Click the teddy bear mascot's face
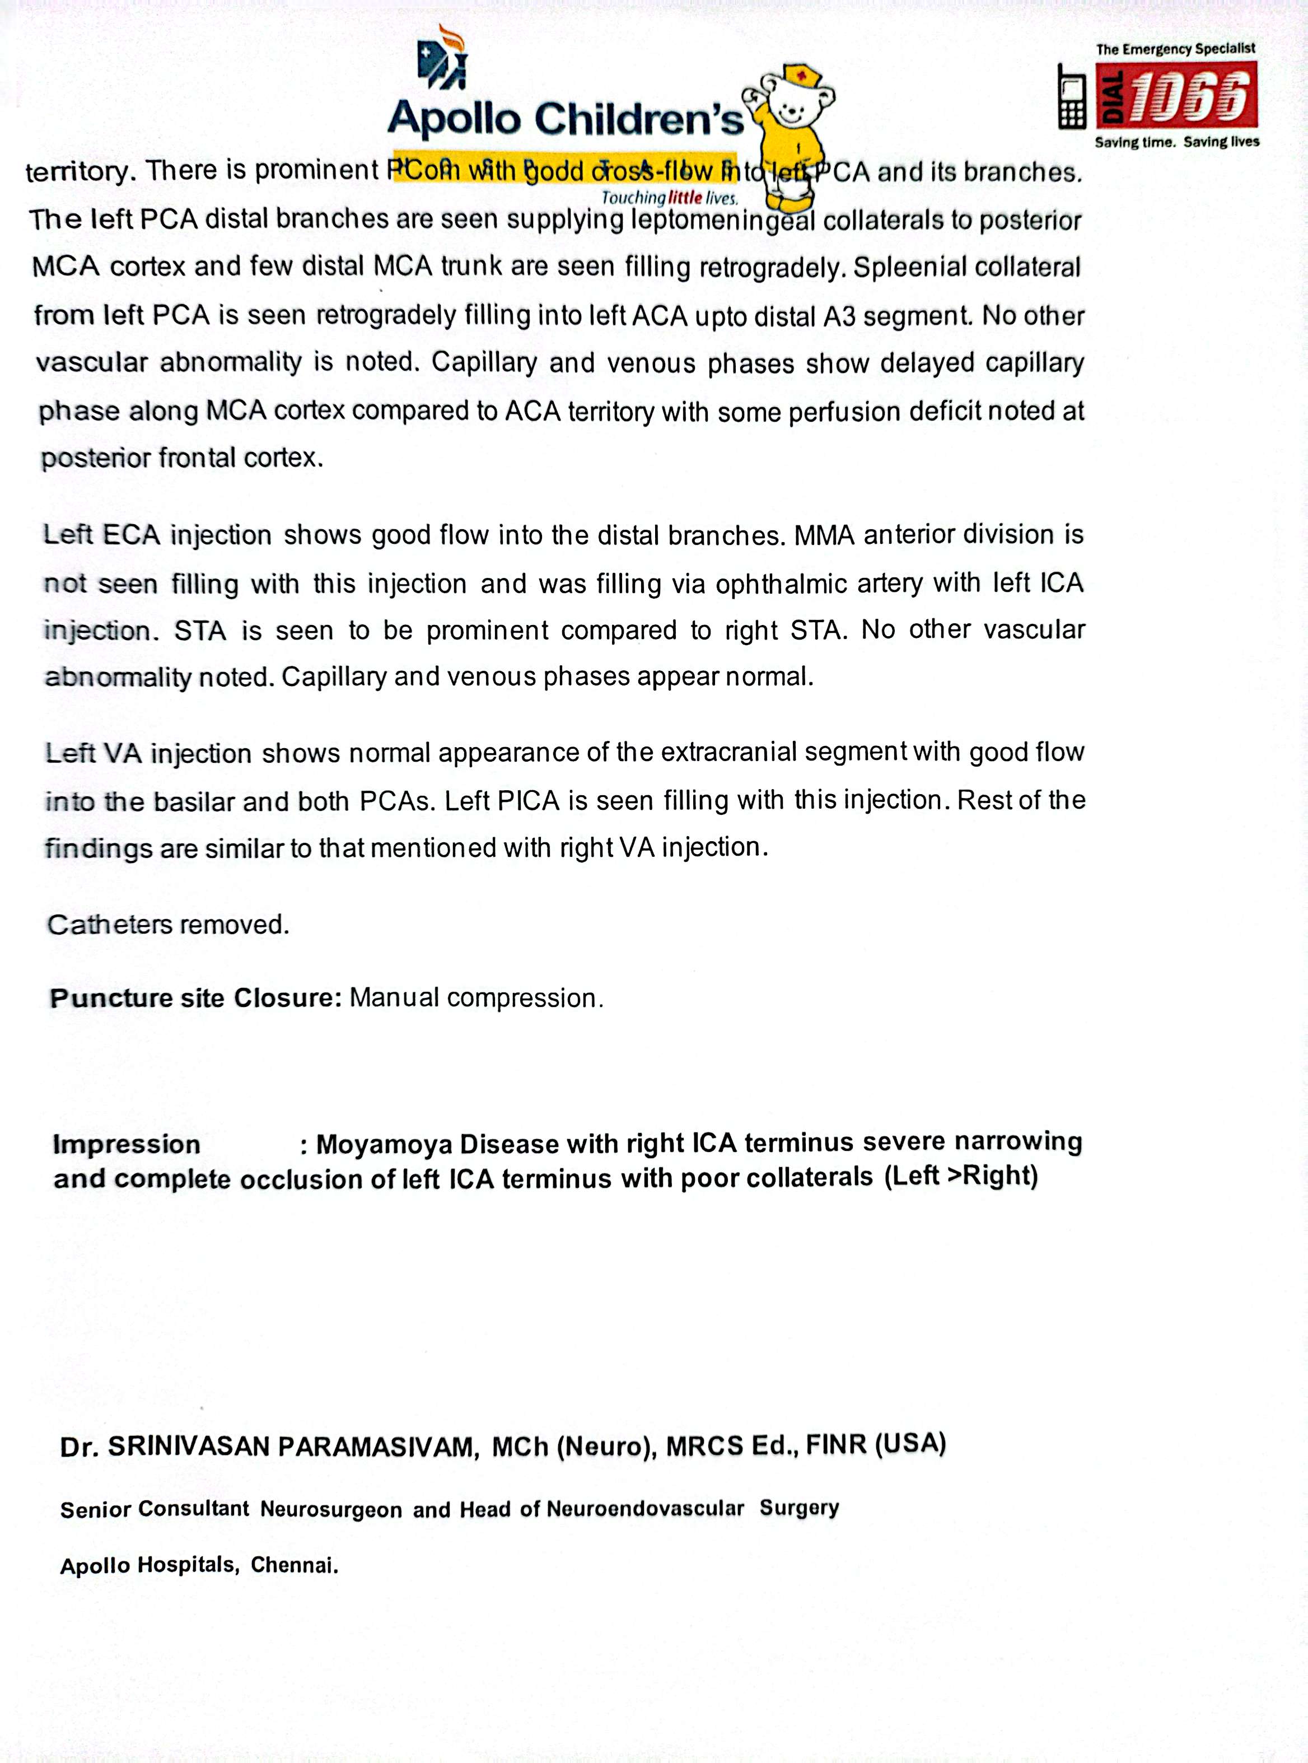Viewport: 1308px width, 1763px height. pos(794,104)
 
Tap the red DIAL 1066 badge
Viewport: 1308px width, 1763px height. pos(1176,95)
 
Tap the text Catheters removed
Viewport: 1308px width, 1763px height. pos(169,924)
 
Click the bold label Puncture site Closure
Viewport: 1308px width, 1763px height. pos(195,998)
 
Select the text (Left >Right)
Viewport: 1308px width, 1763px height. pos(960,1176)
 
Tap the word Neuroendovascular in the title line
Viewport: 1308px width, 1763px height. pos(645,1509)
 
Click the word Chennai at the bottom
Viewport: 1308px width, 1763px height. pos(295,1566)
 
